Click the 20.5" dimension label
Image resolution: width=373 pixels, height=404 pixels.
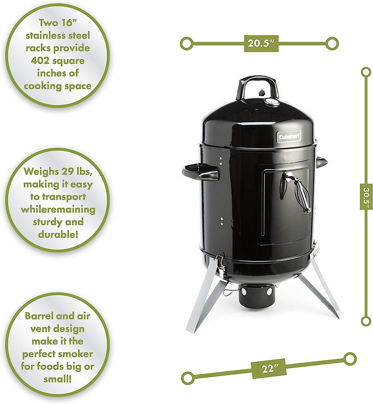(x=261, y=44)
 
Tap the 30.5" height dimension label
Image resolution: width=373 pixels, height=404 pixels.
(x=366, y=197)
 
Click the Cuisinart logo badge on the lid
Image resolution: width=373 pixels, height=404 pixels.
(x=289, y=136)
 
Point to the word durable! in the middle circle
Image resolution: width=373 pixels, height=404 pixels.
(x=58, y=235)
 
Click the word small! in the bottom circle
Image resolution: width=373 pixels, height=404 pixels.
(x=58, y=379)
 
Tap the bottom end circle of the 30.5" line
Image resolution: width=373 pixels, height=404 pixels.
(x=366, y=321)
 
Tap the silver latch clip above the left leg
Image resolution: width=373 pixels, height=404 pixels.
(x=220, y=264)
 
